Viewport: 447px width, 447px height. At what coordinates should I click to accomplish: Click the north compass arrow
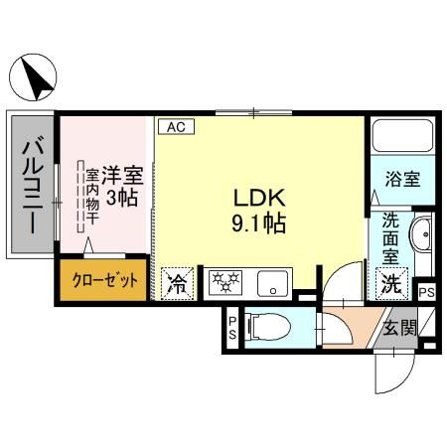(x=37, y=78)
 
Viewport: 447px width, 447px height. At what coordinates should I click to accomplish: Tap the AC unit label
(x=175, y=127)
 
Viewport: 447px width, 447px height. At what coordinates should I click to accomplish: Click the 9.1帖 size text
(x=259, y=224)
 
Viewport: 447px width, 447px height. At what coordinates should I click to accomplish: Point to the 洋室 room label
(x=123, y=175)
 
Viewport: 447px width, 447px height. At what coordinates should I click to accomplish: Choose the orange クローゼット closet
(x=104, y=281)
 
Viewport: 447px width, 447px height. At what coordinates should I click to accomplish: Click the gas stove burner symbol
(x=226, y=283)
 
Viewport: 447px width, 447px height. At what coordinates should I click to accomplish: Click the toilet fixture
(x=269, y=325)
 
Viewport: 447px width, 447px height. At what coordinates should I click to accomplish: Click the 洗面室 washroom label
(x=391, y=239)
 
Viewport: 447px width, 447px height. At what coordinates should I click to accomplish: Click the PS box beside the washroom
(x=426, y=292)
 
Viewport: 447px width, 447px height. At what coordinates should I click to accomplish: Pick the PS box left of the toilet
(x=232, y=328)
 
